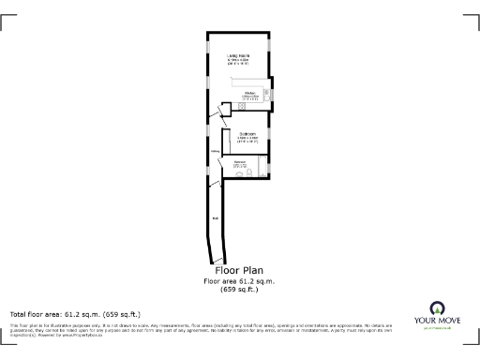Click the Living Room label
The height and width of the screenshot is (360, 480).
coord(238,58)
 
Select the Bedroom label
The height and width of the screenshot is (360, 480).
coord(248,135)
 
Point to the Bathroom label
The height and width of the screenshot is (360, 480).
coord(240,162)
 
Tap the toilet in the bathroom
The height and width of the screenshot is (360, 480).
coord(240,173)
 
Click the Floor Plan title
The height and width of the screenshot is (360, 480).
coord(239,271)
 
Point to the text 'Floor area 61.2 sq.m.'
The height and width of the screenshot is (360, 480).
coord(239,281)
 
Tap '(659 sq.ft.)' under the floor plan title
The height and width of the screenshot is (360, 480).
coord(239,290)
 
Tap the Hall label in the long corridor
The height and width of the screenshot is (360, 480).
coord(215,219)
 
